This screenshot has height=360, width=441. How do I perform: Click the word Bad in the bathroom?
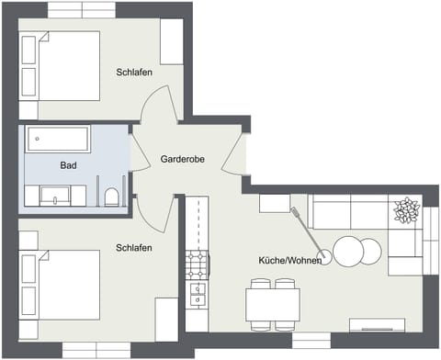point(68,165)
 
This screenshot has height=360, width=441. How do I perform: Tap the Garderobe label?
point(182,159)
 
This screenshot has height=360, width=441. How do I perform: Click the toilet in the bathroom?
point(111,196)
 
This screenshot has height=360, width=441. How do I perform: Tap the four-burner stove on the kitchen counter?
point(197,265)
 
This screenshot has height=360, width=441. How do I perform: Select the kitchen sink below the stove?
point(197,295)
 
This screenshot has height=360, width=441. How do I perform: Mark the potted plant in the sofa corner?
point(405,211)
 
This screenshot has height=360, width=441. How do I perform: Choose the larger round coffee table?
point(347,251)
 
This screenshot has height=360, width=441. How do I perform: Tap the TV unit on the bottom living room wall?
point(379,325)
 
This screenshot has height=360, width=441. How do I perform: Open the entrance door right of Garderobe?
point(239,152)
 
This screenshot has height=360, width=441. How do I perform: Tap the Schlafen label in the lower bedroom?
point(134,248)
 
